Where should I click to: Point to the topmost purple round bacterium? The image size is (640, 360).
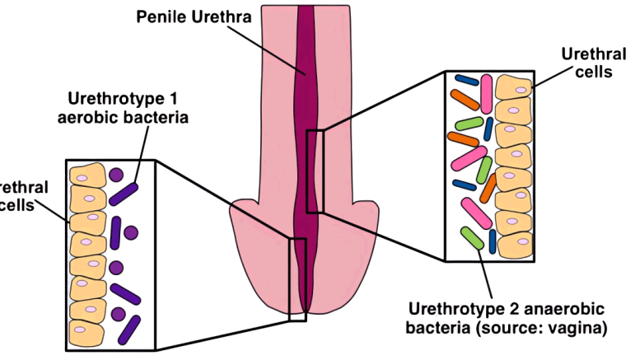pos(115,175)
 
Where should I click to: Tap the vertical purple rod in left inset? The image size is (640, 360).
pos(116,231)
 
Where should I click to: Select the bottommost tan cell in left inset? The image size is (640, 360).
pos(87,331)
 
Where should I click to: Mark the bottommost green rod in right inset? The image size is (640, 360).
pos(472,239)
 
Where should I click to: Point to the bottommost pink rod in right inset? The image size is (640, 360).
pos(475,212)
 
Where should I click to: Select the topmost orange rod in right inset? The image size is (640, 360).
pos(465,100)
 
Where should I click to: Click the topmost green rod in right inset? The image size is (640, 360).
pos(469,123)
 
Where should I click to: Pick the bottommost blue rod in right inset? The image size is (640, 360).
pos(493,241)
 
